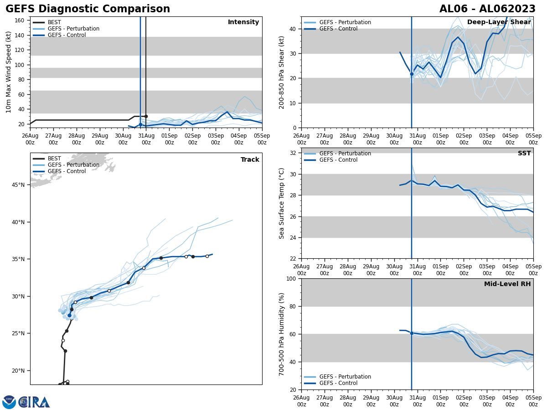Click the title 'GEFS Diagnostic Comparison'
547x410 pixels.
[88, 9]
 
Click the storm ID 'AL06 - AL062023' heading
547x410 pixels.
[487, 9]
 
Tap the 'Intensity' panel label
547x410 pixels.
[243, 22]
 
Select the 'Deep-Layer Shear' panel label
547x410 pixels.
[499, 22]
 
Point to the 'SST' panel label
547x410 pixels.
[524, 154]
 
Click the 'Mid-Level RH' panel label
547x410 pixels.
[507, 284]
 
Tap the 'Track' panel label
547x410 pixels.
[250, 160]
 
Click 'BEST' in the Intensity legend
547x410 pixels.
[54, 22]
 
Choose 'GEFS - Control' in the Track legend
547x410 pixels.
[67, 171]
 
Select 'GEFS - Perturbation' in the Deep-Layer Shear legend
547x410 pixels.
[345, 22]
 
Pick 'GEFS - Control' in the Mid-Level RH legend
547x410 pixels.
[338, 383]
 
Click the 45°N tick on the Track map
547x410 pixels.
[19, 185]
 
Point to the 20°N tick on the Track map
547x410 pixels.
[19, 371]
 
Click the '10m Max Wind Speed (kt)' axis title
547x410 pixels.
[9, 72]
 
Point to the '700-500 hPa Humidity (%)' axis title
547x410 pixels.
[282, 334]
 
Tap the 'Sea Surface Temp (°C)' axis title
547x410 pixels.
[282, 203]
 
